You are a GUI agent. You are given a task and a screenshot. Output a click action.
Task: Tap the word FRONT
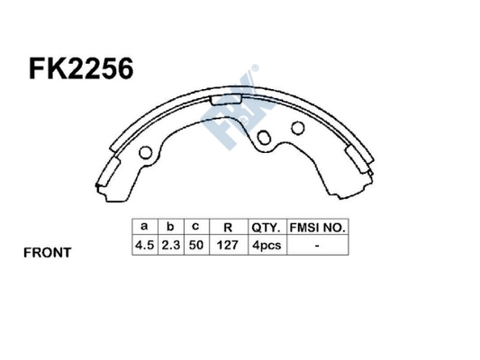tap(47, 253)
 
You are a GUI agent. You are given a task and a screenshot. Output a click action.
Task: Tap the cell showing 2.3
tap(168, 244)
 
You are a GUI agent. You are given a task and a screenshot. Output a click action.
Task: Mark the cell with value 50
tap(195, 244)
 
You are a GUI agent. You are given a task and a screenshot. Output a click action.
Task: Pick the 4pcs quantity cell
tap(267, 244)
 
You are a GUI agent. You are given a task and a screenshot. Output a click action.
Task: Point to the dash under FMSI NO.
tap(318, 244)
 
